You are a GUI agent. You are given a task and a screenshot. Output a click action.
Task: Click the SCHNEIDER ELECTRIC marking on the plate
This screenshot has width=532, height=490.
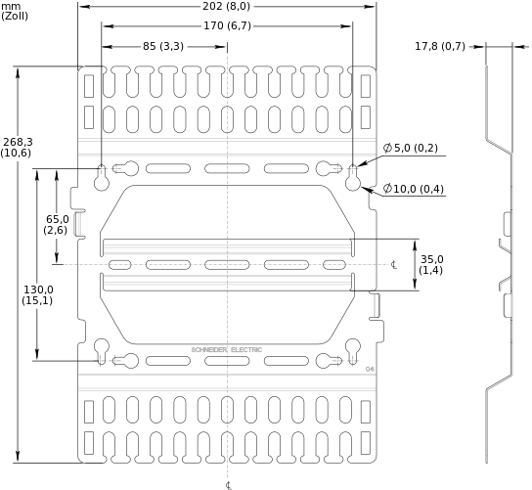(226, 349)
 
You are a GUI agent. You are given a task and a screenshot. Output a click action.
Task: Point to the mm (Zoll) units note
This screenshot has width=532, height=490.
(15, 11)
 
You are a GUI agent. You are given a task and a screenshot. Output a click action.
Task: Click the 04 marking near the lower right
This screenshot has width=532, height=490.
(370, 369)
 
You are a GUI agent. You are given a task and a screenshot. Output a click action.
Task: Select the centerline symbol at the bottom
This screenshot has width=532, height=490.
(229, 485)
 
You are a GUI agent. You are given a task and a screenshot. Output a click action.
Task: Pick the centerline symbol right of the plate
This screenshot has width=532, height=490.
(394, 265)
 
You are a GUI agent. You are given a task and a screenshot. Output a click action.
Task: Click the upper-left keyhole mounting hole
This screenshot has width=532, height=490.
(102, 177)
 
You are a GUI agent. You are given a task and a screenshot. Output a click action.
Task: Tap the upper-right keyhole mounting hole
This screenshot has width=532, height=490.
(353, 177)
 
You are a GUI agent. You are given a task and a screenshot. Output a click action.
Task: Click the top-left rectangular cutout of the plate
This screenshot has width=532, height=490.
(89, 86)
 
